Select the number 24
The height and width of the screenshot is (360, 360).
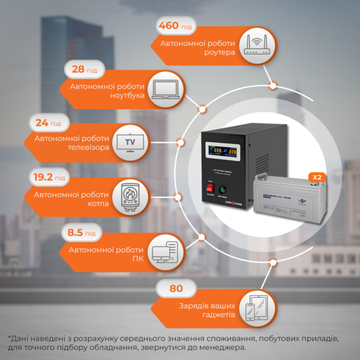(42, 123)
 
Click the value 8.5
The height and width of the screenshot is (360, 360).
(75, 233)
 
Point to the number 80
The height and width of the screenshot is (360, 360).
(176, 289)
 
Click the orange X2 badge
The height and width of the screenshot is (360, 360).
(316, 177)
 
